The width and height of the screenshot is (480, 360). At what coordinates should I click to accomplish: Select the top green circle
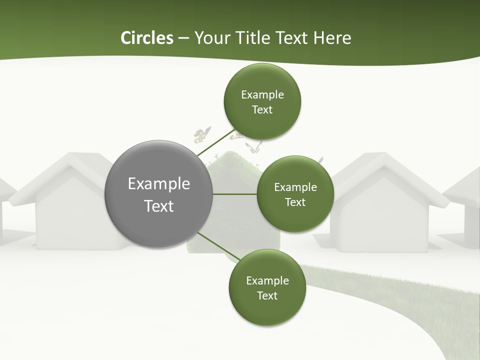pyautogui.click(x=262, y=101)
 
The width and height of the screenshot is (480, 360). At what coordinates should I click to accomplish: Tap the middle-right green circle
pyautogui.click(x=295, y=194)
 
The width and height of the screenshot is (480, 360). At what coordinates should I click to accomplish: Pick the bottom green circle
pyautogui.click(x=267, y=287)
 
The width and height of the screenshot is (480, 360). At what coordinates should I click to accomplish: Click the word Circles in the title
pyautogui.click(x=147, y=38)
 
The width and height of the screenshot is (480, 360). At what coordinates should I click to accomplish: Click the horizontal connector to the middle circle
pyautogui.click(x=234, y=194)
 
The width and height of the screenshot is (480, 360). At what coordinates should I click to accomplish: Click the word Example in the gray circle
pyautogui.click(x=158, y=184)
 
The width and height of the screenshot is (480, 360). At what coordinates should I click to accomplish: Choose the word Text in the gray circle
pyautogui.click(x=158, y=206)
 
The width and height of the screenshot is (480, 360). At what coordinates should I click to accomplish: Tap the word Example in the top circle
pyautogui.click(x=262, y=95)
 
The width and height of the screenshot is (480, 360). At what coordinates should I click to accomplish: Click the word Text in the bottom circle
pyautogui.click(x=267, y=295)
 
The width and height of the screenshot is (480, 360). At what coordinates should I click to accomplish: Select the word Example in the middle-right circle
pyautogui.click(x=295, y=187)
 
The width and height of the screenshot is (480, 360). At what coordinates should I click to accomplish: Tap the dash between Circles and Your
pyautogui.click(x=183, y=38)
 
